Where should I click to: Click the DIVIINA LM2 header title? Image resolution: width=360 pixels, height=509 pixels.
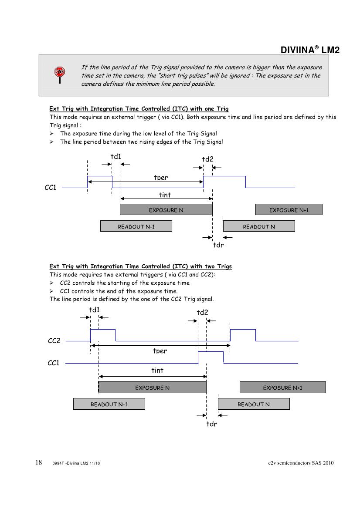coord(310,51)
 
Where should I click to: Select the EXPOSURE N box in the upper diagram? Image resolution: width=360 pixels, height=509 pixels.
coord(166,210)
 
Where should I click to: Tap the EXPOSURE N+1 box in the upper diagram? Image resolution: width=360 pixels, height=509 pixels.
coord(289,210)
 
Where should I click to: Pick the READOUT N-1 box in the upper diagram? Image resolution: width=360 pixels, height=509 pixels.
coord(136,226)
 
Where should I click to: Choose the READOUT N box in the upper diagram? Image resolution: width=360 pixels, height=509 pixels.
coord(259,226)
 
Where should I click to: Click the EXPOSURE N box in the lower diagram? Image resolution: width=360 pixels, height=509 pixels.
coord(152,388)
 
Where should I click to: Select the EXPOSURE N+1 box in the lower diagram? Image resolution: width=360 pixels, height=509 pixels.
coord(282,388)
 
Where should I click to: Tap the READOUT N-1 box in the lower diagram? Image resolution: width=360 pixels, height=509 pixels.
coord(109,404)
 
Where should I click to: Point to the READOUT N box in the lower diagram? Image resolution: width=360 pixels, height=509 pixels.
coord(254,404)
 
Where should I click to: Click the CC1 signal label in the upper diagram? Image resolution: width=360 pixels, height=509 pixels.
coord(51,188)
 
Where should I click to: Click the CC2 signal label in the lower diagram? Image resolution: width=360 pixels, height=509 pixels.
coord(54,341)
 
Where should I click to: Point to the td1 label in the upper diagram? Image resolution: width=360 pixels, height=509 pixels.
coord(116,156)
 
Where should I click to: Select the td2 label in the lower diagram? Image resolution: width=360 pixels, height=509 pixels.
coord(202,312)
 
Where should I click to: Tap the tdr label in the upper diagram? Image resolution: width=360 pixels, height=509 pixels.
coord(218,245)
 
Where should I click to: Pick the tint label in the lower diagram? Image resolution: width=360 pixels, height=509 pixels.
coord(157,370)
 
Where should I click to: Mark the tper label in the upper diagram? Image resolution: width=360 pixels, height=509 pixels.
coord(161,178)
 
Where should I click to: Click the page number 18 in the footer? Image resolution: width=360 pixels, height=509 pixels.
coord(38,462)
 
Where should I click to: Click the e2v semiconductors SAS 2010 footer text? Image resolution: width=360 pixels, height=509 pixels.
coord(301,463)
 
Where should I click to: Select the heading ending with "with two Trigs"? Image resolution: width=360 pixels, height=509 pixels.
coord(141,266)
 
